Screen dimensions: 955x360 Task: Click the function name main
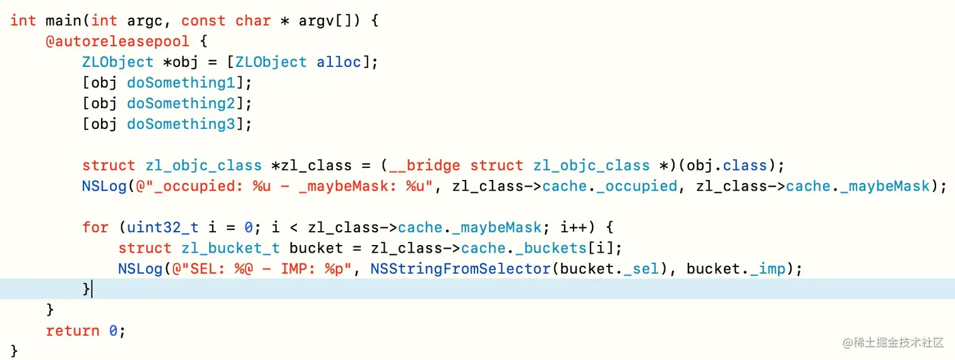63,20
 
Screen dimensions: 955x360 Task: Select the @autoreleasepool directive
117,41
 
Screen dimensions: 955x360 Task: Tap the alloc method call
339,62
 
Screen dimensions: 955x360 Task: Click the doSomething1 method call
181,83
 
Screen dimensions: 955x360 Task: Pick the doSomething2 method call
181,104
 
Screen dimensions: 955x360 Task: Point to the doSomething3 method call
181,124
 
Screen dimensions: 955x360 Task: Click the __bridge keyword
424,165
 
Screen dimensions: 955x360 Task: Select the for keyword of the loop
95,227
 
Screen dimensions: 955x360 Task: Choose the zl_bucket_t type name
230,248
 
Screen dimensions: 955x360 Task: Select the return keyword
73,331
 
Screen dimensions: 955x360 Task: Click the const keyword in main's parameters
203,20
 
